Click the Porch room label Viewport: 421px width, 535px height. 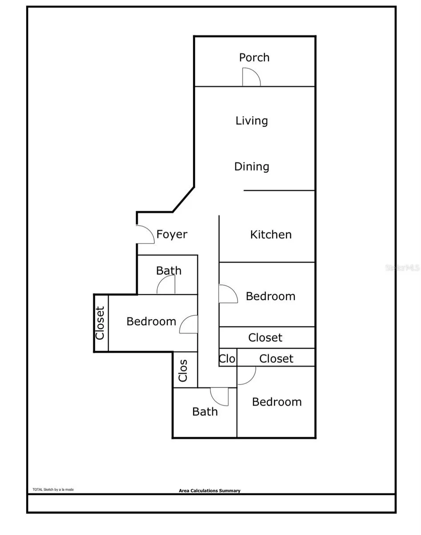254,58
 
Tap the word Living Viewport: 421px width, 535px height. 252,121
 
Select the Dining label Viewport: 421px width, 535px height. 252,167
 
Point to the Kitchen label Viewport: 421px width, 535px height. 271,235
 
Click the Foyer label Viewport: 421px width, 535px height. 172,234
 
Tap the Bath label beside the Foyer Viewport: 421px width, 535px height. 169,271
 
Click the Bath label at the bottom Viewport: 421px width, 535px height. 205,412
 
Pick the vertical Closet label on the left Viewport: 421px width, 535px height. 100,323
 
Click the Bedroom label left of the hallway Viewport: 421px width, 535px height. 151,321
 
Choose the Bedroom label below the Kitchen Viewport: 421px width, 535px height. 271,296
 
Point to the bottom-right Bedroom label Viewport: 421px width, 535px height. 277,402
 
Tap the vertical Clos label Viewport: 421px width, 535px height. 183,370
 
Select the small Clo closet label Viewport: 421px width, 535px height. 227,359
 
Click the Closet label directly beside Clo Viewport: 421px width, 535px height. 276,358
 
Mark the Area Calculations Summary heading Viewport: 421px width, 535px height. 210,490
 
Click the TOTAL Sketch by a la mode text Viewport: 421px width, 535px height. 53,490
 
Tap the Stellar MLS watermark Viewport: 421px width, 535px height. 402,267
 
